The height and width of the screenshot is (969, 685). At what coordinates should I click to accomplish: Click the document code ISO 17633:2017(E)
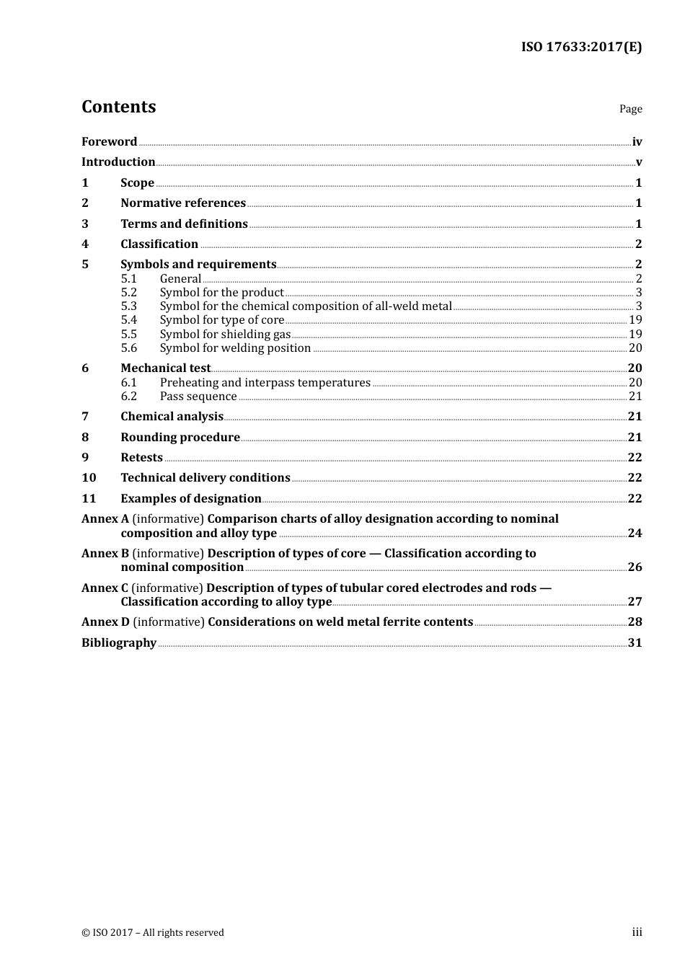coord(581,47)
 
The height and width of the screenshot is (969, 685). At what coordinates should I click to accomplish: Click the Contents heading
coord(118,107)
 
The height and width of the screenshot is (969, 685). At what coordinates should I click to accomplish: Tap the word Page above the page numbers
coord(630,109)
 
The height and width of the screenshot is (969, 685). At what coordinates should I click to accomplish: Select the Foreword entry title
coord(109,141)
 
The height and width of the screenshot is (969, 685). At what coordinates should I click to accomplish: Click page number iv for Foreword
coord(637,142)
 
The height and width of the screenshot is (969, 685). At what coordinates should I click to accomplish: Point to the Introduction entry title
coord(118,161)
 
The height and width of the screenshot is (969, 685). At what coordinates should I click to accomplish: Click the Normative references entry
coord(183,203)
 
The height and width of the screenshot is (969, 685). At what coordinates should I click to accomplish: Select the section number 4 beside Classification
coord(85,244)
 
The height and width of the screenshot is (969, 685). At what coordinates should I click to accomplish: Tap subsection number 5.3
coord(128,306)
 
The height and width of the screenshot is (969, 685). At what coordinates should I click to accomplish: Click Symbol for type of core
coord(221,319)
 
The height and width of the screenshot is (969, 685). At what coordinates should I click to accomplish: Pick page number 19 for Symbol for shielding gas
coord(635,334)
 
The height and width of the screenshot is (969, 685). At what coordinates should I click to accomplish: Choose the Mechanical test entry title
coord(165,368)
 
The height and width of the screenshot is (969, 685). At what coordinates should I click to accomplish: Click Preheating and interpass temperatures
coord(265,382)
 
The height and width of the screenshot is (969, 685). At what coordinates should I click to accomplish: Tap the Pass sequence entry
coord(198,396)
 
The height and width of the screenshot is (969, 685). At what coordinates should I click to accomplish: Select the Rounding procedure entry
coord(180,437)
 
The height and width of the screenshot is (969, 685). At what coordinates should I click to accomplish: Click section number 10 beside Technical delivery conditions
coord(89,477)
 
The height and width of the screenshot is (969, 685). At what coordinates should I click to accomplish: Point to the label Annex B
coord(105,553)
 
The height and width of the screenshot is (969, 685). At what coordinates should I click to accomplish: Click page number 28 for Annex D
coord(635,621)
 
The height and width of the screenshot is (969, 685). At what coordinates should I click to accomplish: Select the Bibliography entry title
coord(119,642)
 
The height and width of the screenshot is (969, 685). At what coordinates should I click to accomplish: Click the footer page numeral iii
coord(637,932)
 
